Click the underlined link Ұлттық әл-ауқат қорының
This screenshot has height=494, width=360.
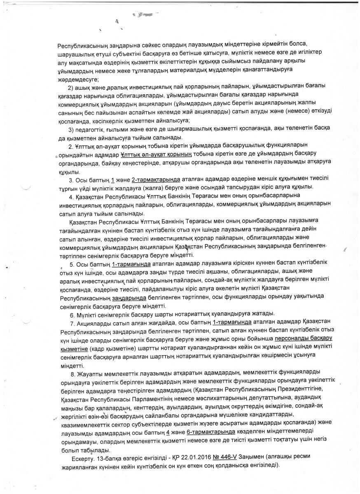(156, 155)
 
